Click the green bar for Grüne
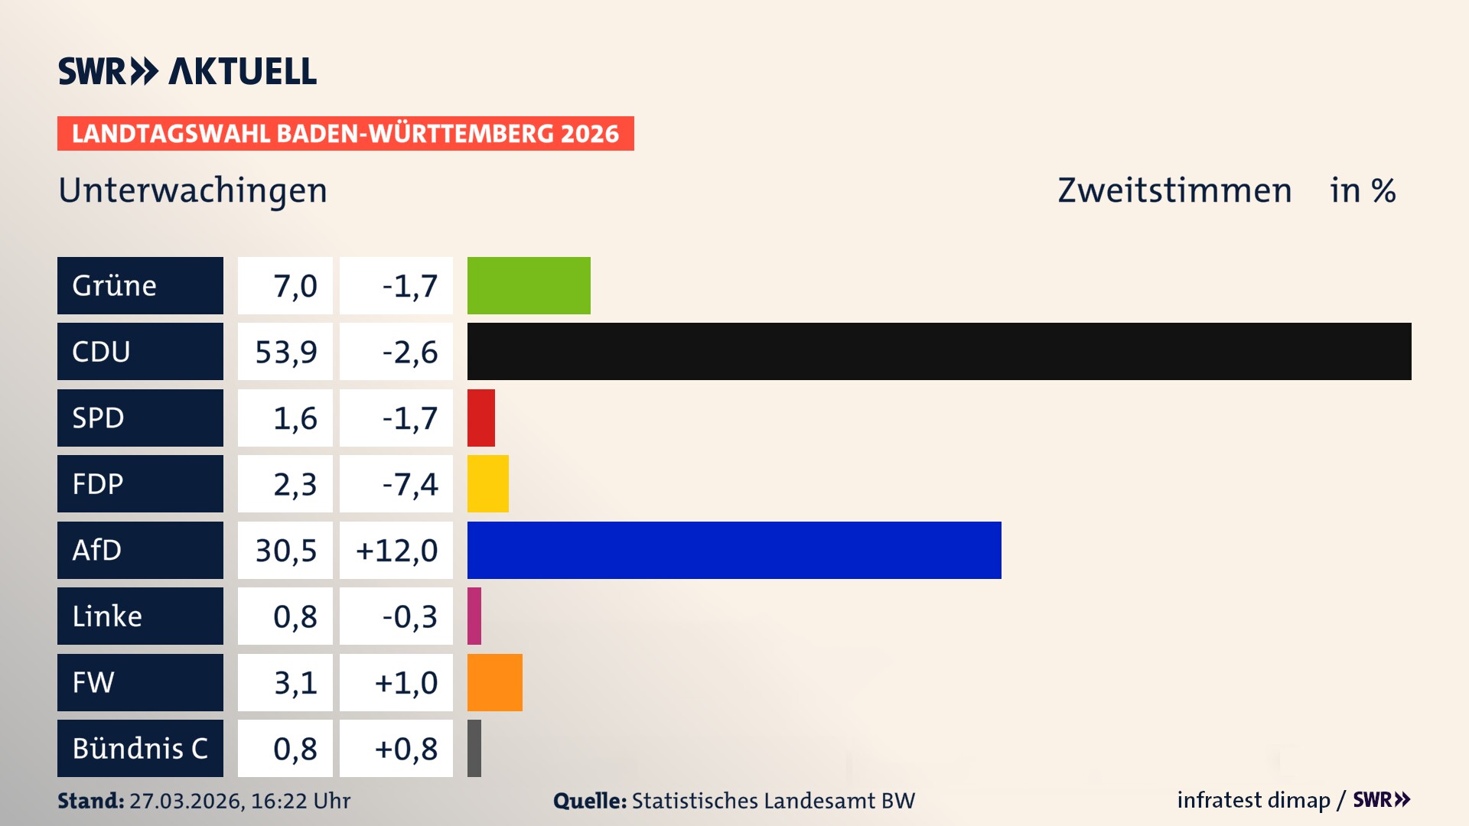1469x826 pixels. tap(529, 285)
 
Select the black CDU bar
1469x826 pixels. tap(939, 351)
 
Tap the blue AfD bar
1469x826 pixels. tap(734, 550)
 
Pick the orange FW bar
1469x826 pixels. tap(494, 682)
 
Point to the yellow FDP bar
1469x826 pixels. tap(487, 483)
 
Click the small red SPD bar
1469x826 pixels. tap(480, 418)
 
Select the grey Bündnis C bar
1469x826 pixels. tap(474, 748)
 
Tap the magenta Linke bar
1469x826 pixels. tap(474, 616)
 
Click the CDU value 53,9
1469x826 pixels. tap(285, 352)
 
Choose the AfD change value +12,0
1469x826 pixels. tap(396, 550)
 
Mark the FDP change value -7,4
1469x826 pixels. tap(409, 484)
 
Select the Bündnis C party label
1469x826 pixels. tap(140, 748)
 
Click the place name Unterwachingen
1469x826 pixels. tap(193, 190)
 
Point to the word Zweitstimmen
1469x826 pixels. tap(1174, 190)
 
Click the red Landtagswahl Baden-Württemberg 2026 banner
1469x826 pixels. tap(345, 133)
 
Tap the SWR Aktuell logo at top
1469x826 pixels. tap(187, 71)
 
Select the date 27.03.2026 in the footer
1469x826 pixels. tap(186, 801)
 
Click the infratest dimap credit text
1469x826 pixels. tap(1253, 800)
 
